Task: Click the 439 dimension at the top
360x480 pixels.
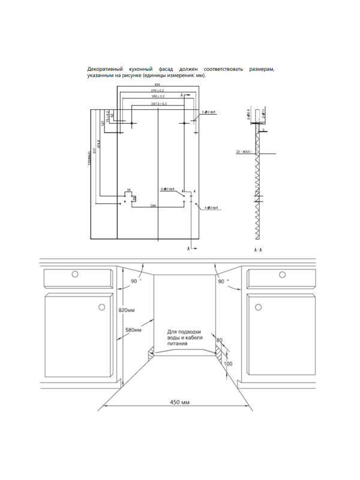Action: point(157,85)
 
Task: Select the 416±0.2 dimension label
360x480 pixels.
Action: point(158,91)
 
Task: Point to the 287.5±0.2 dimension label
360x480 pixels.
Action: point(158,104)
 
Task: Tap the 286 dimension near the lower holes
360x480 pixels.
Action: point(154,205)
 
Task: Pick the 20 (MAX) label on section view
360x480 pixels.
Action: point(244,152)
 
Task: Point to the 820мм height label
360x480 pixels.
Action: point(127,310)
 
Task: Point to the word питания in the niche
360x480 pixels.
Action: point(184,344)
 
